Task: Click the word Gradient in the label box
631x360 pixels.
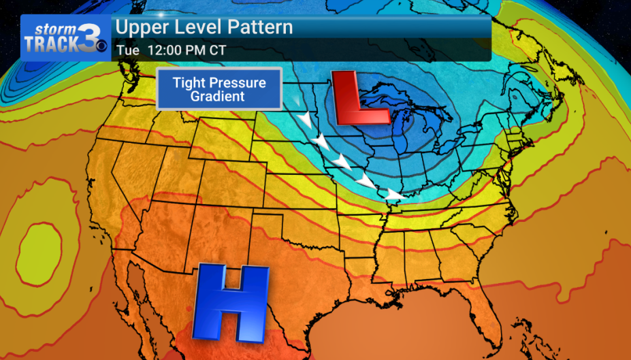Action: [x=217, y=97]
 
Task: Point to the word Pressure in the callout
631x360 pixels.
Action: [x=237, y=83]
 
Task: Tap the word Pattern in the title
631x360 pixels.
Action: [x=260, y=28]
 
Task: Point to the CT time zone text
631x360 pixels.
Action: [x=218, y=50]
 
